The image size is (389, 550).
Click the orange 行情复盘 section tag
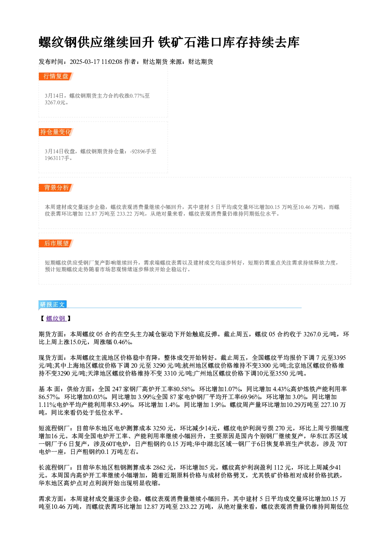[56, 76]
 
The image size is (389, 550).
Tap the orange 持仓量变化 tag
[56, 132]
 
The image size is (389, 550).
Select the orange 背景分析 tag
[56, 188]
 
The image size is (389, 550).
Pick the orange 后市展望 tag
[56, 243]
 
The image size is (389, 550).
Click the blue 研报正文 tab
[53, 305]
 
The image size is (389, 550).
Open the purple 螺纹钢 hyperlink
[56, 319]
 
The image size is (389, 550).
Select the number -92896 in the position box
[138, 151]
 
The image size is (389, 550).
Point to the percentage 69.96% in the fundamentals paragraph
[251, 397]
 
